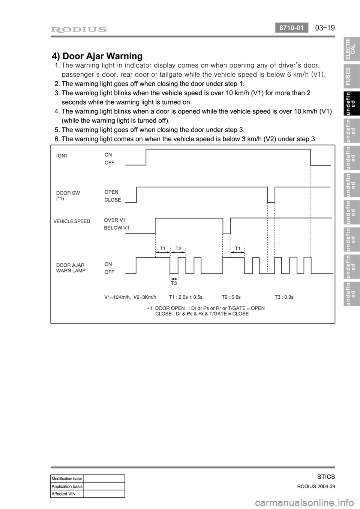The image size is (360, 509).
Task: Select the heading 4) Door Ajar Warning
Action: [97, 56]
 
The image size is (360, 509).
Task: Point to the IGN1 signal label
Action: [61, 156]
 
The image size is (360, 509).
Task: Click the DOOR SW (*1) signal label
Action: [68, 196]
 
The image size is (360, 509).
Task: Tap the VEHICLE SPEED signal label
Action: [72, 221]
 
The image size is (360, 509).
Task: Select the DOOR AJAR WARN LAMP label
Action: [70, 268]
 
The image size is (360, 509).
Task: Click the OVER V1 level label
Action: [115, 220]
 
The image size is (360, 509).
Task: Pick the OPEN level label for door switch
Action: [111, 192]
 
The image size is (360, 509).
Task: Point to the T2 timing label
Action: [178, 248]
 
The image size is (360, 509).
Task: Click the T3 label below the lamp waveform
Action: [174, 283]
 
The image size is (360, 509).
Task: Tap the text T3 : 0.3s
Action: [284, 297]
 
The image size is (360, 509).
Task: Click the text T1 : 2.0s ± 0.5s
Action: [186, 297]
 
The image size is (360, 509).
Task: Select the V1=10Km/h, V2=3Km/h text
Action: [130, 297]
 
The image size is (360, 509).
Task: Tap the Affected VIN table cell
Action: [67, 494]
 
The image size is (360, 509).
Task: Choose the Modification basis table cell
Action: [67, 478]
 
